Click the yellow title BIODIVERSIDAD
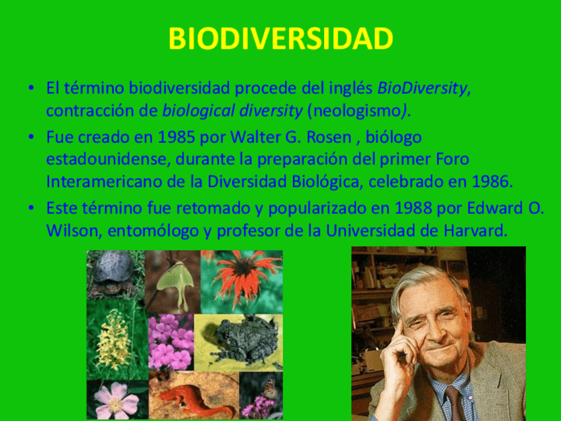(x=280, y=38)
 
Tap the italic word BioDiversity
(x=422, y=89)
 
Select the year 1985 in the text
(x=177, y=137)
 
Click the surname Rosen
(x=329, y=137)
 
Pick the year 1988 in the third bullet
(x=413, y=209)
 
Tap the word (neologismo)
(x=357, y=111)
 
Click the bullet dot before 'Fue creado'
(x=32, y=137)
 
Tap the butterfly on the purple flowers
(x=269, y=389)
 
